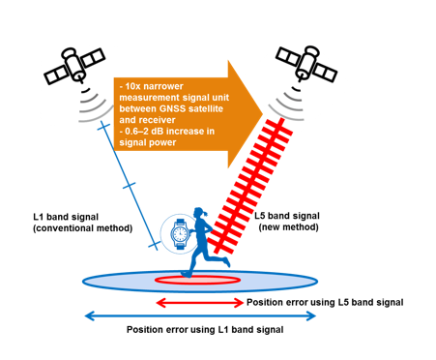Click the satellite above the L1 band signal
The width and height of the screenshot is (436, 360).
click(74, 66)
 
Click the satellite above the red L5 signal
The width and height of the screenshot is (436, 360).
click(306, 64)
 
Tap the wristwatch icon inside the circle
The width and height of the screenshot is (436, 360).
click(179, 233)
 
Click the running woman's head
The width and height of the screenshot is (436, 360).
click(199, 214)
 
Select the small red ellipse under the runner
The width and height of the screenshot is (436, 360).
click(197, 280)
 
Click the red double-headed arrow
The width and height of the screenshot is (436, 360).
click(200, 303)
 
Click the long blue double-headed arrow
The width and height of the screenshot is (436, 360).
click(200, 315)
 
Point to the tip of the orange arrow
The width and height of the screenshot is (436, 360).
click(263, 113)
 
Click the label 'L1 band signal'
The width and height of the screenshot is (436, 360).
click(66, 217)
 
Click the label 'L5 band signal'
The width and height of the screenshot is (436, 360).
click(287, 216)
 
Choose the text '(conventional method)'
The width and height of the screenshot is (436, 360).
click(83, 228)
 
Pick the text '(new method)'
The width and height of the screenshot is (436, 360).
click(289, 227)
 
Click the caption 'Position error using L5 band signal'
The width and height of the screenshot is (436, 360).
click(325, 303)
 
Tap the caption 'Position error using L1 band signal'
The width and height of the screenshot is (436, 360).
click(205, 330)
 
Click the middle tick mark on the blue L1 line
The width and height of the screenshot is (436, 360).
click(129, 186)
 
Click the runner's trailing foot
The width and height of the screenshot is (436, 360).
click(227, 261)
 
